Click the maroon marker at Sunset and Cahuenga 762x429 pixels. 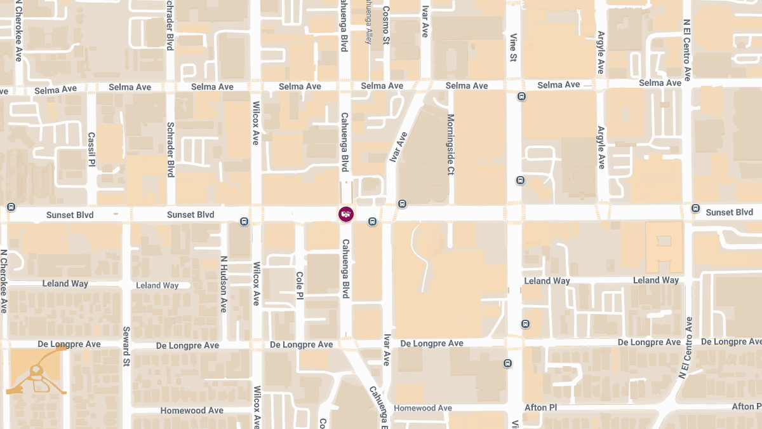pos(345,214)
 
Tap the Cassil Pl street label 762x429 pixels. pos(91,149)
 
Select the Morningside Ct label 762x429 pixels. pos(450,144)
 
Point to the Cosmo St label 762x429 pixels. pos(386,25)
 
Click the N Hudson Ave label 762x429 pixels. pos(224,284)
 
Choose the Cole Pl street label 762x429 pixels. pos(300,285)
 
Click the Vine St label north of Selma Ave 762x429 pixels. pos(513,48)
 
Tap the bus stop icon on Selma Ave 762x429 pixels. pos(521,97)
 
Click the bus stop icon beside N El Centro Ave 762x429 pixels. pos(695,208)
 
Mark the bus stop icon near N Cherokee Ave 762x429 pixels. pos(11,207)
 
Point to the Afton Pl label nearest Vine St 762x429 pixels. pos(540,407)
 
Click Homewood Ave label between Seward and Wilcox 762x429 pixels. pos(192,411)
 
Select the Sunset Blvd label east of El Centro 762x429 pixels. pos(729,212)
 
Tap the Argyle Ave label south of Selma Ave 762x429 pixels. pos(601,147)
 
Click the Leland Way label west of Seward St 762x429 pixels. pos(65,283)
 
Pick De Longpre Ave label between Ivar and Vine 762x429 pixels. pos(432,343)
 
